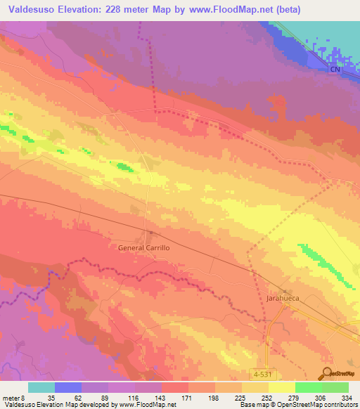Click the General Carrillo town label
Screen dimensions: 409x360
pyautogui.click(x=143, y=248)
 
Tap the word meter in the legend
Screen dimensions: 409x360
pyautogui.click(x=11, y=397)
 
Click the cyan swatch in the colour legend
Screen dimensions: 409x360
pyautogui.click(x=41, y=387)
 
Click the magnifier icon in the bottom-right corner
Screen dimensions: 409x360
pyautogui.click(x=326, y=373)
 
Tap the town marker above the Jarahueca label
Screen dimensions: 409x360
pyautogui.click(x=284, y=290)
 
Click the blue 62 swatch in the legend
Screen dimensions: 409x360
pyautogui.click(x=68, y=387)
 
